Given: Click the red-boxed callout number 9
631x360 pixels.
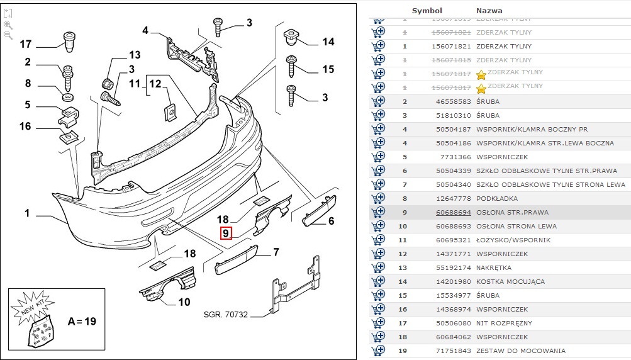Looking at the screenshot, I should coord(226,234).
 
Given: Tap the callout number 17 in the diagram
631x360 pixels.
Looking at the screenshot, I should coord(25,44).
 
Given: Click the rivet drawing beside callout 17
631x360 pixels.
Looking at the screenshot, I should coord(69,40).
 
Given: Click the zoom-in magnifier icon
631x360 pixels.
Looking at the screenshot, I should coord(8,25).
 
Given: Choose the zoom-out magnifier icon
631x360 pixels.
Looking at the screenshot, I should coord(8,35).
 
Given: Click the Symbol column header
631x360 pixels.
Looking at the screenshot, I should coord(427,11).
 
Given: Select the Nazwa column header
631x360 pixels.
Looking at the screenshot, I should coord(489,11).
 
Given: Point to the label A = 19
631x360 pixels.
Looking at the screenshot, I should coord(82,321).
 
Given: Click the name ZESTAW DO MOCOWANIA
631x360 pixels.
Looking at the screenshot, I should coord(520,351).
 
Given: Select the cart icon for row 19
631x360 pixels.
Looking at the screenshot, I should coord(379,351).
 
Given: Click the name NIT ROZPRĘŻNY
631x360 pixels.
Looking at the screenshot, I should coord(504,323).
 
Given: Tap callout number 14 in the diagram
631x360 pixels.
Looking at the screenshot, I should coord(328,42).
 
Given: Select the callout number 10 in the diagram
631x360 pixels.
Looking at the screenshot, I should coord(184,302).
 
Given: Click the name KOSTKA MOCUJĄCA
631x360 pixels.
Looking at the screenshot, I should coord(510,281).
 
